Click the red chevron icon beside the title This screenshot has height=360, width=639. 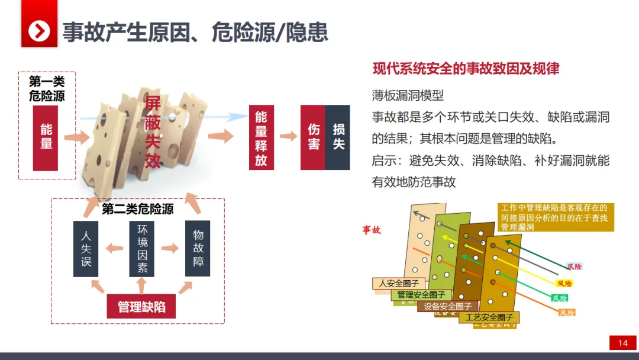(x=39, y=31)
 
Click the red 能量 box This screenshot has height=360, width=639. (x=46, y=137)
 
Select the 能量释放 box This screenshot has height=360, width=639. (x=261, y=137)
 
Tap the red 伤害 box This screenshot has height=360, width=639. (x=313, y=137)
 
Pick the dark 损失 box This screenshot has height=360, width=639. (x=338, y=137)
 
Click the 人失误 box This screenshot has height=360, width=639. (x=86, y=249)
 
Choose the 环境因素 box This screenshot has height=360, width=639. (x=142, y=249)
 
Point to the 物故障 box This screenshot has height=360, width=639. (x=198, y=249)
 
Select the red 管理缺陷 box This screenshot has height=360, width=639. (x=141, y=306)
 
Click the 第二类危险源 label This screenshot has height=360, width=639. (x=138, y=209)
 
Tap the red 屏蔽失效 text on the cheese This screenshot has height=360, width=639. (x=153, y=131)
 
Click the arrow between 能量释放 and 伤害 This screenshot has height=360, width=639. (x=288, y=136)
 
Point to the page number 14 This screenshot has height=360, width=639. (x=622, y=343)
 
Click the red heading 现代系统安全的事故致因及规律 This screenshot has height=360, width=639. (x=466, y=68)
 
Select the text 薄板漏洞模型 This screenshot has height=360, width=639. (x=408, y=95)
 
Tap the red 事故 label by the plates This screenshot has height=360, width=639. (x=372, y=230)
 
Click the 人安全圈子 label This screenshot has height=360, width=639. (x=399, y=284)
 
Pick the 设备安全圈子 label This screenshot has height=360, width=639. (x=448, y=306)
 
